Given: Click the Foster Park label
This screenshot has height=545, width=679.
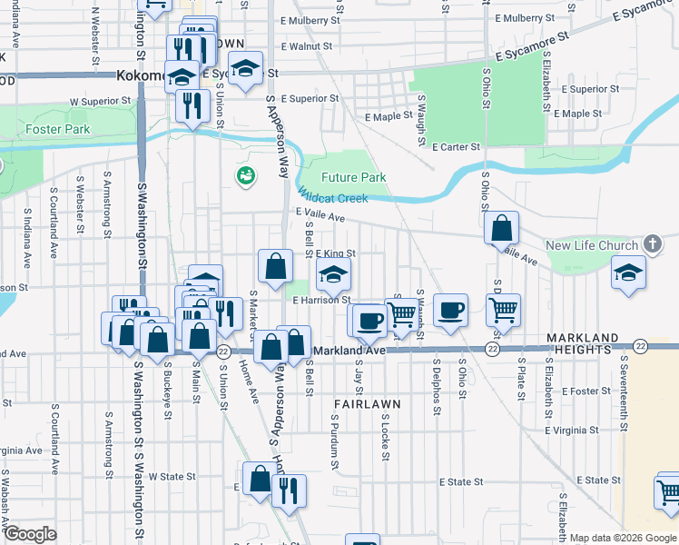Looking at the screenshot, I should pos(57,129).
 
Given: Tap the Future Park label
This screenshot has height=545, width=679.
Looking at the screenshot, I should pos(354,178).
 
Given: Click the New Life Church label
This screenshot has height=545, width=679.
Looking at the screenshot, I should pos(592,246).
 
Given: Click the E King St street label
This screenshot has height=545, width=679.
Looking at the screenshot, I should pos(335,254).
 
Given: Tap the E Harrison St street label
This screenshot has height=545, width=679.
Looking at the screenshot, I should pos(321,299).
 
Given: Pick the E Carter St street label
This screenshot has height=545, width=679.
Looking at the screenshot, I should pos(455,146).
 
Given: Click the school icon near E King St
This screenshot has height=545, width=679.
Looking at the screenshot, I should pos(333,273).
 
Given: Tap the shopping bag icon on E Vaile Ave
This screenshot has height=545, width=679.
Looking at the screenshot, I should pos(501,229).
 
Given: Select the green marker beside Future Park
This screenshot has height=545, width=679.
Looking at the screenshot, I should pos(244,174).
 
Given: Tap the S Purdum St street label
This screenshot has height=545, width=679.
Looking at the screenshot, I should pos(335,442).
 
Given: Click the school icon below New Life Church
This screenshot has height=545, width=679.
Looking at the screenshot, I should pos(628,273).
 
